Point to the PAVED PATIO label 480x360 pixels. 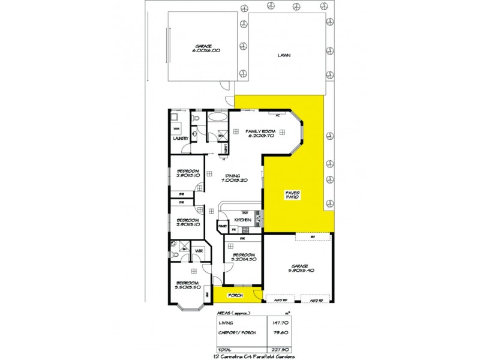coord(292,196)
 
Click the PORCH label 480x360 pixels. coord(233,296)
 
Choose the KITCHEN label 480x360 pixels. coord(242,220)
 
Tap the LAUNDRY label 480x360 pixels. coord(181,139)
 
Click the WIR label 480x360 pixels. coord(199,250)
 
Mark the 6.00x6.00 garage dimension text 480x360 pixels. coord(206,50)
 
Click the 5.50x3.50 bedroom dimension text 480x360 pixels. coord(187,286)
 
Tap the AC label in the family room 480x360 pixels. coord(278,115)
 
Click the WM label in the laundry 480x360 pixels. coord(177,128)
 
